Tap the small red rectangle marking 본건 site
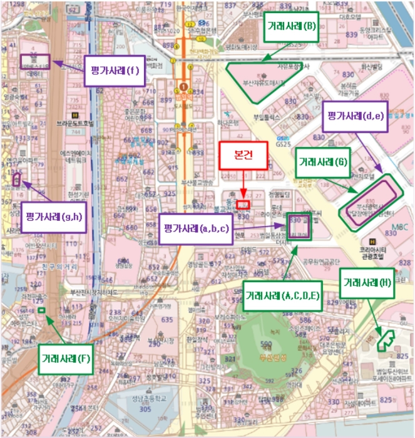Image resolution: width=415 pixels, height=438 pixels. pyautogui.click(x=243, y=205)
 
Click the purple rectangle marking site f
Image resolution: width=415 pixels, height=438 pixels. pyautogui.click(x=35, y=62)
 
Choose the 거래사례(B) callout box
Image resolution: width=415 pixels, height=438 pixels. pyautogui.click(x=292, y=27)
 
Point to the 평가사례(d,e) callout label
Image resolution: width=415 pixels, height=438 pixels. pyautogui.click(x=354, y=116)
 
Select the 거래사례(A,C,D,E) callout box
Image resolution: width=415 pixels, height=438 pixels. pyautogui.click(x=284, y=296)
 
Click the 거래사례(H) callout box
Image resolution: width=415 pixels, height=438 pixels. pyautogui.click(x=367, y=282)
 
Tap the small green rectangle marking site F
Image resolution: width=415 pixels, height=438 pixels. pyautogui.click(x=41, y=310)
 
